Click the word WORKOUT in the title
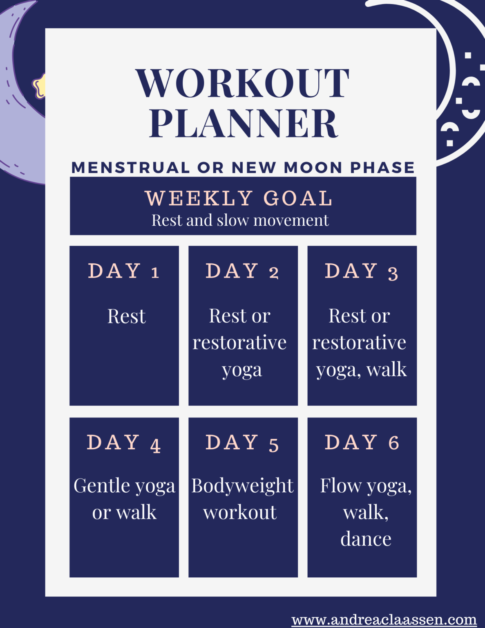[242, 83]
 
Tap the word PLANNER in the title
[244, 123]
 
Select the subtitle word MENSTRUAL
[130, 168]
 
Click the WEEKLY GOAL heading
[239, 198]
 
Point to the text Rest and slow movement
[240, 220]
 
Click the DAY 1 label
[123, 271]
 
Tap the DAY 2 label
[242, 271]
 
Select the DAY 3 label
[361, 271]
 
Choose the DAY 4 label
[123, 443]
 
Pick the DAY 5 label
[242, 443]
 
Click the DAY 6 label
[362, 443]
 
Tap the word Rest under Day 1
[126, 316]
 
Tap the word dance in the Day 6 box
[366, 539]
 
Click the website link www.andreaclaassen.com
[384, 620]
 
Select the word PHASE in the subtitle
[382, 168]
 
